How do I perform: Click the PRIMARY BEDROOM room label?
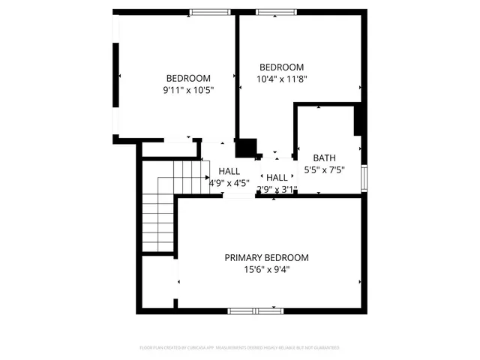pyautogui.click(x=266, y=257)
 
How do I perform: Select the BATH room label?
pyautogui.click(x=325, y=157)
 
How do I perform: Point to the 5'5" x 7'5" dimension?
pyautogui.click(x=325, y=169)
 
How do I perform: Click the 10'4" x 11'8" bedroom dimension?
pyautogui.click(x=281, y=78)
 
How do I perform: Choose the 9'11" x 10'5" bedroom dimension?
pyautogui.click(x=188, y=90)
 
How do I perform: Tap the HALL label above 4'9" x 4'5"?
pyautogui.click(x=229, y=171)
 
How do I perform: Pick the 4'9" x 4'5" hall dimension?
pyautogui.click(x=229, y=182)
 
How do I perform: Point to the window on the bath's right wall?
pyautogui.click(x=364, y=177)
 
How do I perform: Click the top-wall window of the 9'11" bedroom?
pyautogui.click(x=209, y=12)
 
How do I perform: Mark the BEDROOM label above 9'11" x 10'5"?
pyautogui.click(x=188, y=78)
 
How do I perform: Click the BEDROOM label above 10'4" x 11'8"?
pyautogui.click(x=281, y=66)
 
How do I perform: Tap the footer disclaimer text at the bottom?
pyautogui.click(x=240, y=348)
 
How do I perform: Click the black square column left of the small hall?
pyautogui.click(x=246, y=148)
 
